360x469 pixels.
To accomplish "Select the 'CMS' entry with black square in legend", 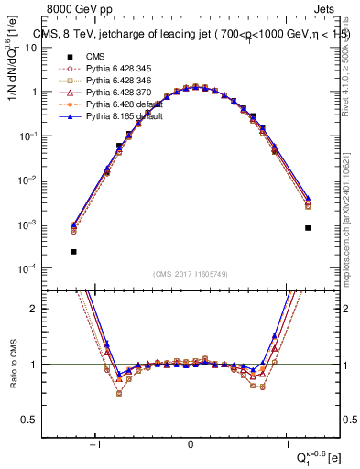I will [x=94, y=57].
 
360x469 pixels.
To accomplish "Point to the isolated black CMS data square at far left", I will [x=73, y=251].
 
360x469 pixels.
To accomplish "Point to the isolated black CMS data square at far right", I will [x=308, y=228].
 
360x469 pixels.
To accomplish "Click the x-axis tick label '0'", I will [x=191, y=444].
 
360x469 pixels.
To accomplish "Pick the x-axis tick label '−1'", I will [x=95, y=444].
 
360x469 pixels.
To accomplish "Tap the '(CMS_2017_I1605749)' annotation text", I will [x=191, y=275].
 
